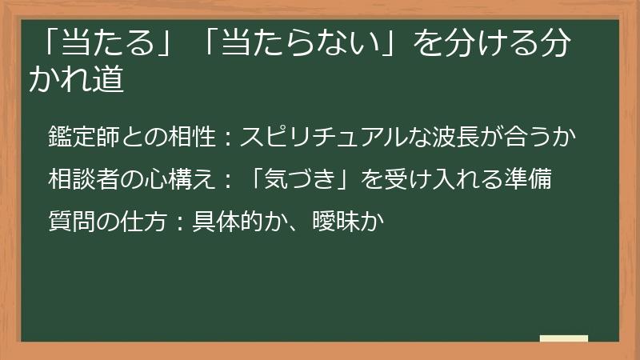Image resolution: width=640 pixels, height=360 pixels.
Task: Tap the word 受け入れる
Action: pos(438,177)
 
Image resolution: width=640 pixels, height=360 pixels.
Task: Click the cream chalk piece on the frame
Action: pos(564,338)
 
